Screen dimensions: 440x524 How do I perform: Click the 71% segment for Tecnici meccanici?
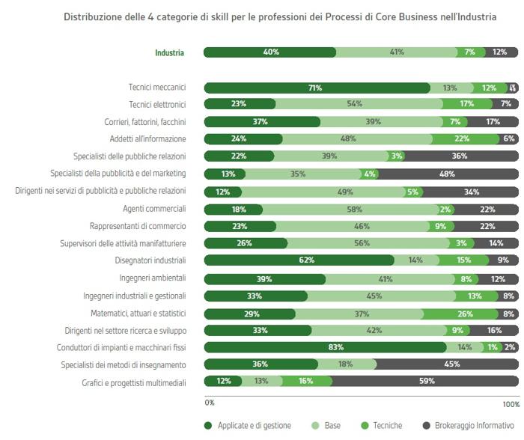click(x=315, y=88)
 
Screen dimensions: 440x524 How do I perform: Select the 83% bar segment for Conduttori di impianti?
click(x=325, y=347)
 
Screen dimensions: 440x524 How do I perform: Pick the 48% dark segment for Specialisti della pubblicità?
click(x=448, y=174)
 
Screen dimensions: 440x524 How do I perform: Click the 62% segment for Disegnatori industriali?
click(x=299, y=260)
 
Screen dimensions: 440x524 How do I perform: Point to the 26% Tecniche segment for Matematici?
click(x=464, y=313)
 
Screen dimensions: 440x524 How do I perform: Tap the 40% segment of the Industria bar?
click(x=270, y=52)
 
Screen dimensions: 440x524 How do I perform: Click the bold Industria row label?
click(x=169, y=52)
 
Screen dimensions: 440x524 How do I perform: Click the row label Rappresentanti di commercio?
click(x=138, y=226)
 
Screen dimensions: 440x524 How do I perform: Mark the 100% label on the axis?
click(x=511, y=404)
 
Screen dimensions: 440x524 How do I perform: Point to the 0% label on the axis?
click(x=210, y=403)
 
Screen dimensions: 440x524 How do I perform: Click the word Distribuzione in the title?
click(x=92, y=17)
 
